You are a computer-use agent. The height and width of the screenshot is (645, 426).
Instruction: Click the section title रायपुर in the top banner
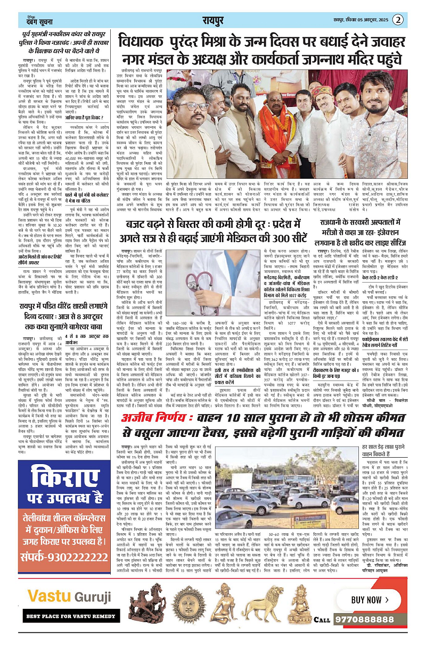coord(216,20)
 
